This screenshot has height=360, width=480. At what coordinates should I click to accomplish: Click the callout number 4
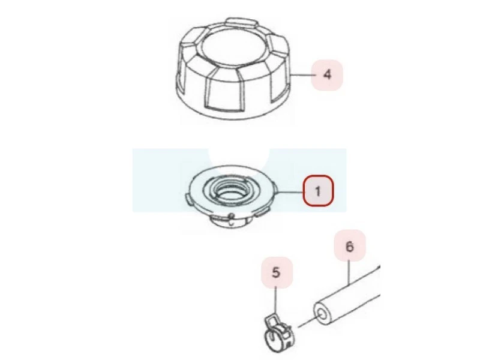click(x=327, y=74)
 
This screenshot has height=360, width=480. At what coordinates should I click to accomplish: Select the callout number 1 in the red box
click(x=318, y=191)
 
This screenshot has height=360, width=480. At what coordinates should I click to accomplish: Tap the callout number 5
click(x=276, y=272)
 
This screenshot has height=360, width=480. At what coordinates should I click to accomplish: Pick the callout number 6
click(x=350, y=246)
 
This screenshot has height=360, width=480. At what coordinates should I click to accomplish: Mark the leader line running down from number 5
click(x=276, y=301)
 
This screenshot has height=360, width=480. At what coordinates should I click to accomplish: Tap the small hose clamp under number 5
click(x=278, y=332)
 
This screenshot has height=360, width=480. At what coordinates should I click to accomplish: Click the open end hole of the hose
click(x=322, y=315)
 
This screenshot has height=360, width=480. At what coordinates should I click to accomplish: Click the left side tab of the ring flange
click(x=188, y=197)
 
